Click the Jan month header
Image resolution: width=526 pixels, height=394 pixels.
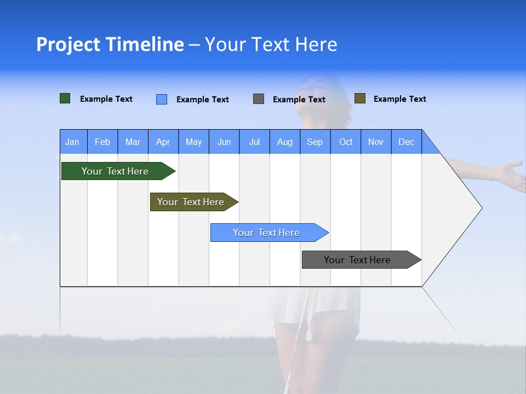pyautogui.click(x=73, y=142)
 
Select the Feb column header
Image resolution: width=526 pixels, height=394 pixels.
pyautogui.click(x=102, y=142)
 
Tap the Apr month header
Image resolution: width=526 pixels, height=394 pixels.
pyautogui.click(x=163, y=142)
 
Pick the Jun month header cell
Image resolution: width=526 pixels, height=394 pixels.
pyautogui.click(x=224, y=142)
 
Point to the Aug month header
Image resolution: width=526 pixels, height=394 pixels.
pyautogui.click(x=285, y=142)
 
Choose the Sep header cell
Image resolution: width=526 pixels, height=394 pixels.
pyautogui.click(x=315, y=142)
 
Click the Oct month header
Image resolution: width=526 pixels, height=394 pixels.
pyautogui.click(x=346, y=142)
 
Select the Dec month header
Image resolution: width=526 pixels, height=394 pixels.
pyautogui.click(x=407, y=142)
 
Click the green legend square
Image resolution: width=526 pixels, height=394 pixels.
pyautogui.click(x=65, y=99)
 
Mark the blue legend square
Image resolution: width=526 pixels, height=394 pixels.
pyautogui.click(x=162, y=99)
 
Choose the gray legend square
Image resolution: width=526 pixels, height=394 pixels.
pyautogui.click(x=259, y=99)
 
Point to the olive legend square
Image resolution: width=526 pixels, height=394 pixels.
pyautogui.click(x=360, y=99)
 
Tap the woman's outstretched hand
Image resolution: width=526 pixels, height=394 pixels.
pyautogui.click(x=512, y=174)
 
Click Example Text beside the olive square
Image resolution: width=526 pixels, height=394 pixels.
pyautogui.click(x=399, y=99)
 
